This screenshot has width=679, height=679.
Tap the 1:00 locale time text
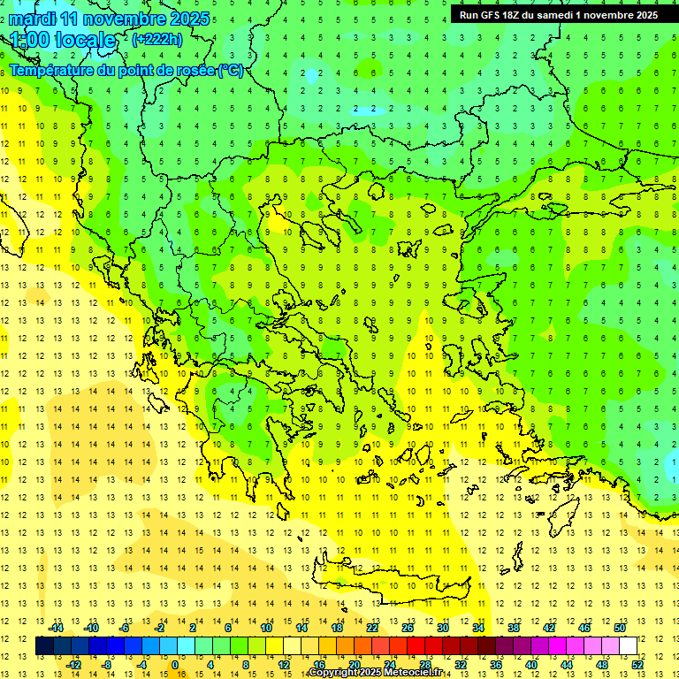[64, 40]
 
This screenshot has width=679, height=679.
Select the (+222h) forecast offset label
[157, 39]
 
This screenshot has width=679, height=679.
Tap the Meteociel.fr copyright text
[375, 673]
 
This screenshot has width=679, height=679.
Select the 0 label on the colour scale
[174, 664]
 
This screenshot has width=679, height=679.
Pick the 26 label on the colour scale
[408, 627]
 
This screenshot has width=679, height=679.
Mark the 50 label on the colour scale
[620, 627]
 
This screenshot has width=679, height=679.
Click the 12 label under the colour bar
[283, 664]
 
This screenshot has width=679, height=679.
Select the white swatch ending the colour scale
[628, 645]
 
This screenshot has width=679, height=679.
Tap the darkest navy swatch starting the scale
[44, 645]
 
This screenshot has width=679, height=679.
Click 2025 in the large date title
[187, 19]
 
